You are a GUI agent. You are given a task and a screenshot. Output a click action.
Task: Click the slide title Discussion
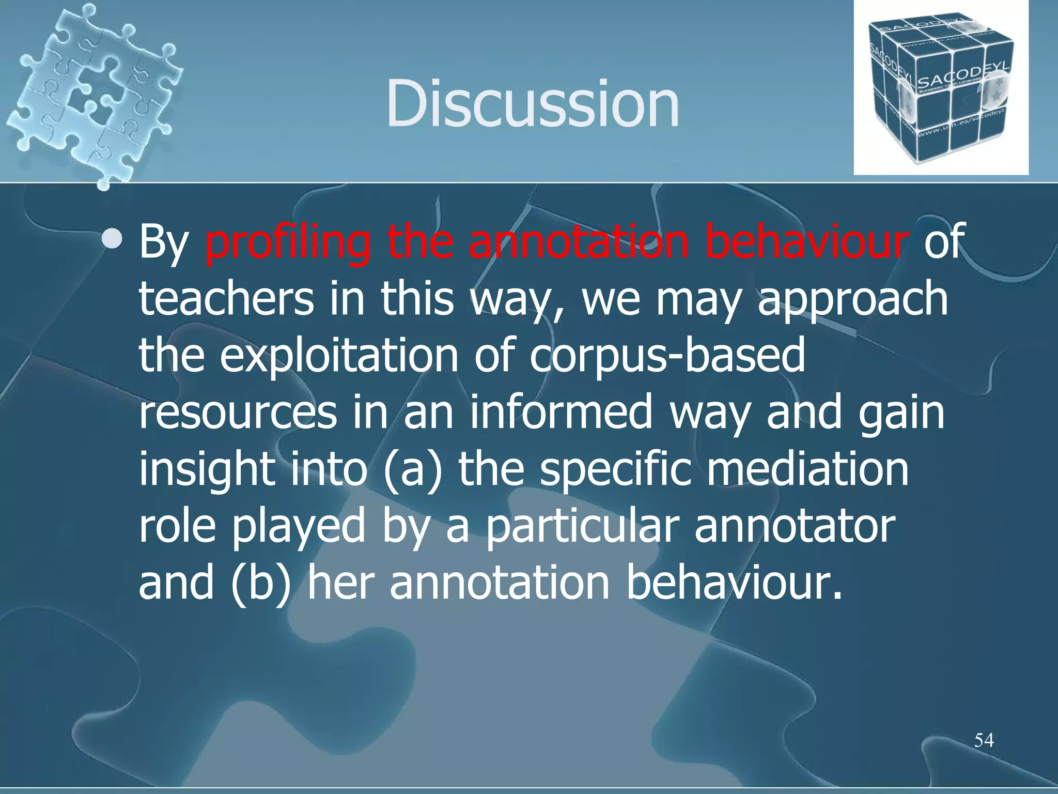pos(532,103)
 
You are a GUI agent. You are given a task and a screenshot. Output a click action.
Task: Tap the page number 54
pos(984,740)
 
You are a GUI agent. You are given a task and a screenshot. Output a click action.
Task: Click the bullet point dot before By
pos(113,239)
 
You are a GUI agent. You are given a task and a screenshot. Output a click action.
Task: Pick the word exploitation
pos(339,357)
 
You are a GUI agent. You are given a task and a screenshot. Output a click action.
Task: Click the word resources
pos(238,414)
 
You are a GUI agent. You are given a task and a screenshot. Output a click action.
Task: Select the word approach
pos(852,300)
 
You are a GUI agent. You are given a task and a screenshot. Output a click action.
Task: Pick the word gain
pos(901,414)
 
